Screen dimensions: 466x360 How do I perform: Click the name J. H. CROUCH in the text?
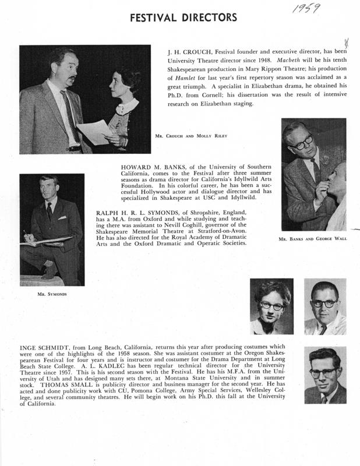187,51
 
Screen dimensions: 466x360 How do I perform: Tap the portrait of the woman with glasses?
271,306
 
